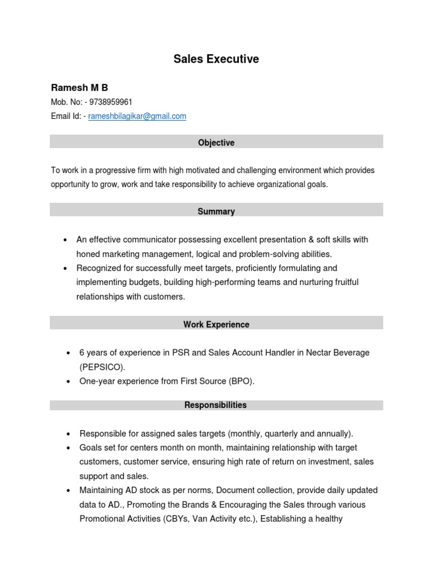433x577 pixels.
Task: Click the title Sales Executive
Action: click(x=216, y=59)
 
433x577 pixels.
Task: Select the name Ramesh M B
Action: click(x=79, y=87)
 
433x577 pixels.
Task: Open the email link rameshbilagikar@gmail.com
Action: click(x=137, y=116)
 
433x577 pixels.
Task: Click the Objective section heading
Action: click(x=216, y=143)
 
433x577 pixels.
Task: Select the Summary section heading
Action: click(x=216, y=211)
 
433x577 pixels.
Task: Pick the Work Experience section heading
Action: click(x=216, y=325)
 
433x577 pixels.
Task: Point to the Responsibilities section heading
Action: click(x=216, y=405)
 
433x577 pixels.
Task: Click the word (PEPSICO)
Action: click(x=102, y=367)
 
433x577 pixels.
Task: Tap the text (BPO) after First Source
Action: click(x=241, y=381)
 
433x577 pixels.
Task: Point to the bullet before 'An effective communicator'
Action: click(x=66, y=240)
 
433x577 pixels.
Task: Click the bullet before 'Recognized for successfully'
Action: click(x=66, y=269)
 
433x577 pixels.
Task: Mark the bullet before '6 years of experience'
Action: click(x=68, y=353)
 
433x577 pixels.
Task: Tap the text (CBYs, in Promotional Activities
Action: click(x=173, y=519)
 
